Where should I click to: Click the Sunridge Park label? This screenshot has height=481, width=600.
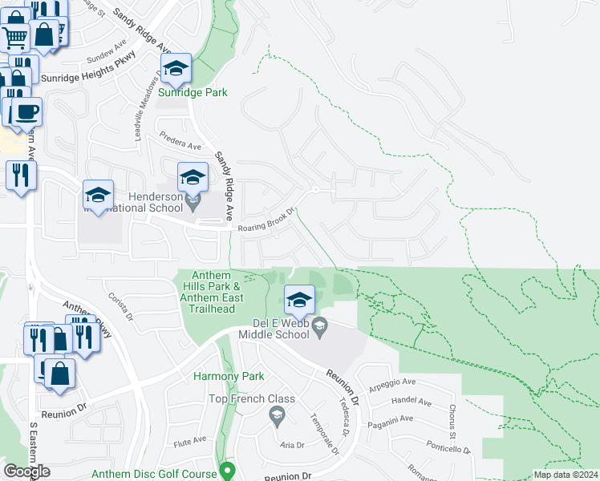pyautogui.click(x=193, y=92)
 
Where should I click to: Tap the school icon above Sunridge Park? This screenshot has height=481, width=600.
pyautogui.click(x=176, y=70)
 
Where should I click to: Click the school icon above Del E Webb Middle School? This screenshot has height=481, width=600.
pyautogui.click(x=299, y=301)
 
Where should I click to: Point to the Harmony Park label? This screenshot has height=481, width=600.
pyautogui.click(x=229, y=376)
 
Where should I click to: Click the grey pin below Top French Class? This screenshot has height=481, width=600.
pyautogui.click(x=278, y=414)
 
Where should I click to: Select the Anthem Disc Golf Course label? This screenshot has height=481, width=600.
pyautogui.click(x=154, y=474)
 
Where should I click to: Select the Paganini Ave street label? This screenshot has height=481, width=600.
pyautogui.click(x=391, y=419)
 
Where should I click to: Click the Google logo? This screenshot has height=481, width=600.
pyautogui.click(x=26, y=471)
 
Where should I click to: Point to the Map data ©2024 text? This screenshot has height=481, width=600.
pyautogui.click(x=566, y=475)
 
